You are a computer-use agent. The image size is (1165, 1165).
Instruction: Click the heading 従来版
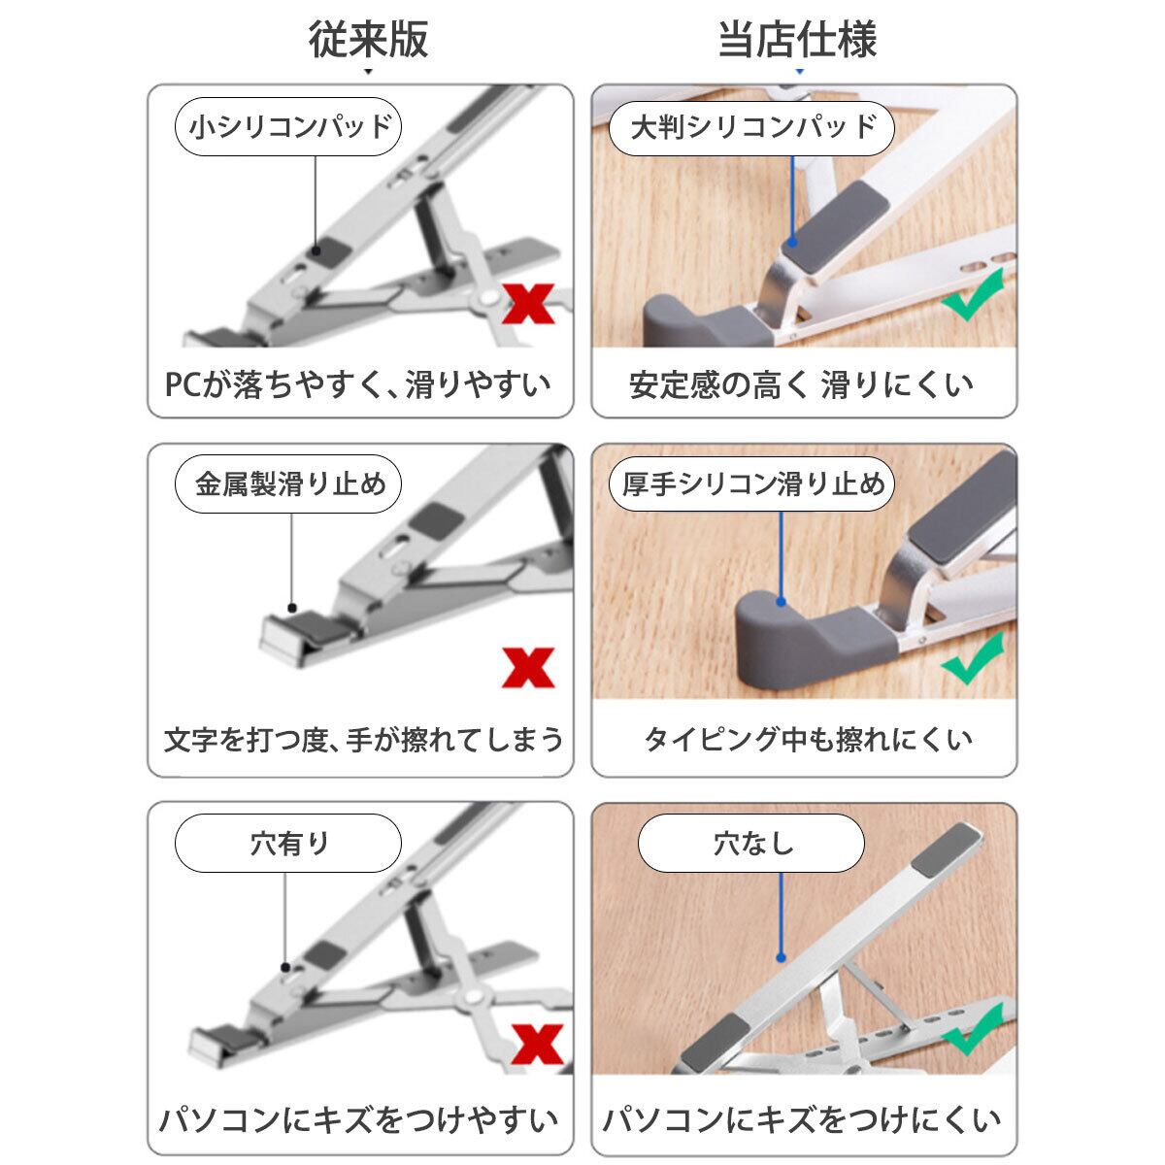(x=368, y=39)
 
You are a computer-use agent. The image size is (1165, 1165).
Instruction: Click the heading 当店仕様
(x=797, y=39)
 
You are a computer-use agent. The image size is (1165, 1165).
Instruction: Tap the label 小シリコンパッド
(x=288, y=127)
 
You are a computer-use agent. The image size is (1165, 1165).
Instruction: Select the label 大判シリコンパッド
(x=751, y=127)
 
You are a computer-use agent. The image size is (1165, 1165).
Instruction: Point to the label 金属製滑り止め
(x=288, y=484)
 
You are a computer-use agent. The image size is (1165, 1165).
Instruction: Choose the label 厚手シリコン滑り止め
(x=751, y=484)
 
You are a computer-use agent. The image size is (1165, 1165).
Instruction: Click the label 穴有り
(x=288, y=843)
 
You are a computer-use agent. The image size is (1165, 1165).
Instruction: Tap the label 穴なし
(x=751, y=843)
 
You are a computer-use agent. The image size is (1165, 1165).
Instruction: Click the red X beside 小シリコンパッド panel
(x=528, y=304)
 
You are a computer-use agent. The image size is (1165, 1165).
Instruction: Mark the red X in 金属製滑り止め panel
(x=528, y=667)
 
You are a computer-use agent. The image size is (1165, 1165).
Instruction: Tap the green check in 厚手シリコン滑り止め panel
(x=972, y=658)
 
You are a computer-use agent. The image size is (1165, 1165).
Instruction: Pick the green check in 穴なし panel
(x=972, y=1028)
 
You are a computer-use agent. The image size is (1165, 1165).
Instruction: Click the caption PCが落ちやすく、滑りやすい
(x=358, y=384)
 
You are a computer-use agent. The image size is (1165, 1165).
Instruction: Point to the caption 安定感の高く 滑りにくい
(x=802, y=385)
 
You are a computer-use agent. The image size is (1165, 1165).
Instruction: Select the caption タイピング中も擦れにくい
(x=809, y=740)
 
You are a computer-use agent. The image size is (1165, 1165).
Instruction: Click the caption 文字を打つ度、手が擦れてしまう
(x=363, y=740)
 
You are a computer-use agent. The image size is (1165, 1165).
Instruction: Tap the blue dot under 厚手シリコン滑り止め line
(x=782, y=602)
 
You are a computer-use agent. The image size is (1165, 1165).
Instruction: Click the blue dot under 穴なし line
(x=782, y=957)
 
